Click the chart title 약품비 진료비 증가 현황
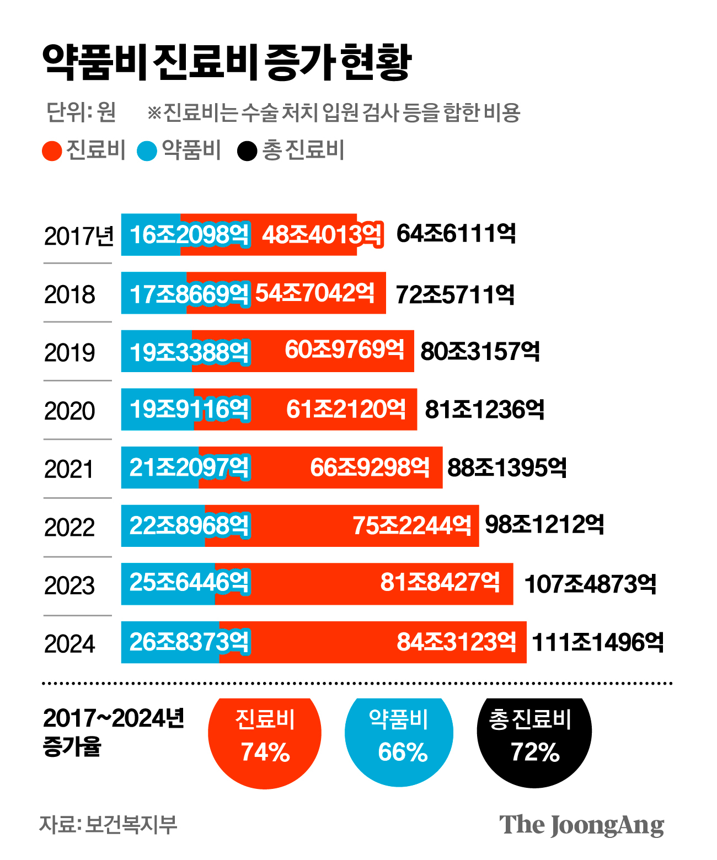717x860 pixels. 227,62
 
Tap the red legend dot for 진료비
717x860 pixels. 52,151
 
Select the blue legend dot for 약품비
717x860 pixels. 147,151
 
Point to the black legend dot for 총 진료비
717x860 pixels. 247,151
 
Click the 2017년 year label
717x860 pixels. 78,236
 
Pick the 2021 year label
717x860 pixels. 69,470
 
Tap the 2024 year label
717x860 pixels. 69,644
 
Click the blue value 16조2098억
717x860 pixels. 189,235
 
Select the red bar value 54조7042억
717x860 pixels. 315,293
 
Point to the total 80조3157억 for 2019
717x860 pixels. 480,352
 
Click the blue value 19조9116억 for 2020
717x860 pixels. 189,410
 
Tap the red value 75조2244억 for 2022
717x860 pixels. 412,526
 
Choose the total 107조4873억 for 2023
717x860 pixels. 590,584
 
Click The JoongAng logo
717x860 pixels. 581,825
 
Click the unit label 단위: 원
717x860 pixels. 81,112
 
